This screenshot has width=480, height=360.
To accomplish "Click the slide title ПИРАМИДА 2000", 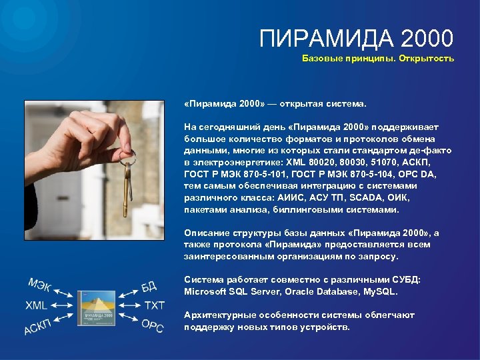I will [x=356, y=38].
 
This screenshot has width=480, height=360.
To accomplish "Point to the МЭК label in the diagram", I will [x=40, y=285].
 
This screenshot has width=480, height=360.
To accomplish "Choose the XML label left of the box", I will [x=36, y=305].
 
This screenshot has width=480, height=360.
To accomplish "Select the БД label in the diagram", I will [x=149, y=287].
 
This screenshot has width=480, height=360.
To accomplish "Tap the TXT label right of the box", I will [x=154, y=305].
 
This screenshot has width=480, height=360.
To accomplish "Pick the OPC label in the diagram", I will [x=152, y=325].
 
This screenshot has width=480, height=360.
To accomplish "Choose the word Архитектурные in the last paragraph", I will [x=217, y=315].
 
